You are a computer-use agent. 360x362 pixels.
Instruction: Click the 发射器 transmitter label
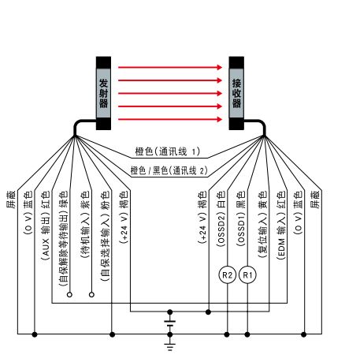tap(103, 93)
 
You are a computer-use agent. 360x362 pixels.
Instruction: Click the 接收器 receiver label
tap(236, 93)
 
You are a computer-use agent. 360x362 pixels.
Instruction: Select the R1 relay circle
tap(247, 275)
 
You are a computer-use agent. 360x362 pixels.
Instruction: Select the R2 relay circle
tap(227, 275)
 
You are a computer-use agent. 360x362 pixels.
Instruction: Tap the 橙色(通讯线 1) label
tap(168, 151)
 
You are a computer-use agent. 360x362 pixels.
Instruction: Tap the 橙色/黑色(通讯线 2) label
tap(169, 170)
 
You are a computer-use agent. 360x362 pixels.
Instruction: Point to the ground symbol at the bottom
tap(170, 346)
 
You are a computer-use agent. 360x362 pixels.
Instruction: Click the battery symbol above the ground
tap(170, 323)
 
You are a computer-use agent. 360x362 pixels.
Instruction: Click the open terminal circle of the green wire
tap(69, 294)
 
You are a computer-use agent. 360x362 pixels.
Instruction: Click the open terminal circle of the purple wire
tap(91, 294)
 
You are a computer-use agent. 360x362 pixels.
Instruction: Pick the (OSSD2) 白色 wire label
tap(221, 218)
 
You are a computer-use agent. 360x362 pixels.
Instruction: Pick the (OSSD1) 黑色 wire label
tap(241, 218)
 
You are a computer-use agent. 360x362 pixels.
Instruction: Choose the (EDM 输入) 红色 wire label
tap(280, 226)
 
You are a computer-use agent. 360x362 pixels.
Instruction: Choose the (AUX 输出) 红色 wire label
tap(45, 226)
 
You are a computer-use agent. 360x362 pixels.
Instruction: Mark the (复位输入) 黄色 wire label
tap(262, 224)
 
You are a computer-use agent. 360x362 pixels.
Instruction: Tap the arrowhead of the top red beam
tap(220, 67)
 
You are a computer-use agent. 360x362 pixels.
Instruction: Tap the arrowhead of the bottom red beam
tap(220, 119)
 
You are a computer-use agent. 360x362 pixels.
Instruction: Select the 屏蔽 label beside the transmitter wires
tap(11, 200)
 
